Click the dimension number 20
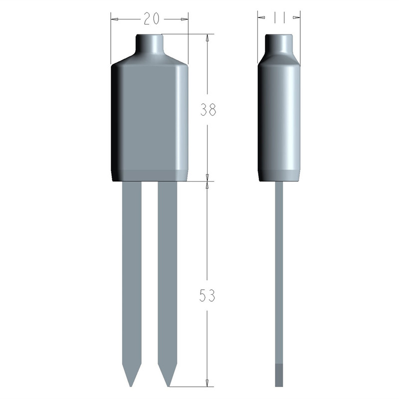coord(152,18)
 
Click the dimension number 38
coord(208,110)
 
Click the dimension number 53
coord(207,295)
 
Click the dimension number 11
coord(279,18)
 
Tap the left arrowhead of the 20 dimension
coord(115,19)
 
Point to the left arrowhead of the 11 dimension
coord(262,17)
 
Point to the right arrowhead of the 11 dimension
coord(296,17)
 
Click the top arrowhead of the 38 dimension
coord(207,38)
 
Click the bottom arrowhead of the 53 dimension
coord(207,383)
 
